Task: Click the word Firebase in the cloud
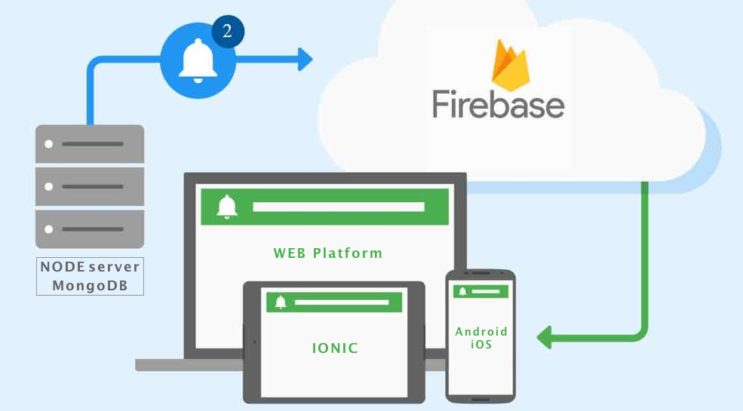click(498, 105)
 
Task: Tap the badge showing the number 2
click(227, 32)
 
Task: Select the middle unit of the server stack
click(90, 186)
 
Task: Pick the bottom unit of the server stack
click(90, 229)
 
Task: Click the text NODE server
click(90, 268)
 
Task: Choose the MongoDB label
click(90, 286)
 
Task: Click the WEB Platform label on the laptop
click(327, 253)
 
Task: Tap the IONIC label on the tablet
click(335, 348)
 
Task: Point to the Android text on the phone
click(481, 332)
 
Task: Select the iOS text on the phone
click(480, 345)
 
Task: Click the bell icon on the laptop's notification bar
click(227, 207)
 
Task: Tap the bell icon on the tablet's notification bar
click(281, 302)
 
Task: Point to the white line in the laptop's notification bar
click(338, 207)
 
